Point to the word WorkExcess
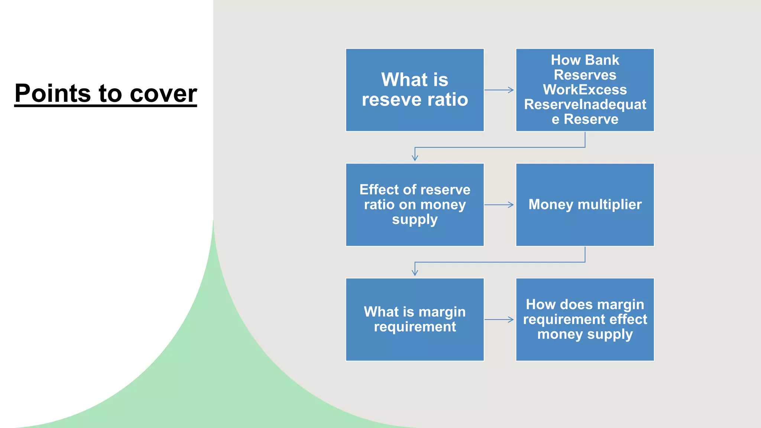point(584,90)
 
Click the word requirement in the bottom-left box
point(415,327)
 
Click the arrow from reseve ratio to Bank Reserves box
point(499,90)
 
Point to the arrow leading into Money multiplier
point(499,205)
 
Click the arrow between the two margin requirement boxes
point(499,320)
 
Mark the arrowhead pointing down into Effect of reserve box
point(415,158)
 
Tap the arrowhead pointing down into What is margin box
point(415,273)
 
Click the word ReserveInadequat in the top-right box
point(585,104)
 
